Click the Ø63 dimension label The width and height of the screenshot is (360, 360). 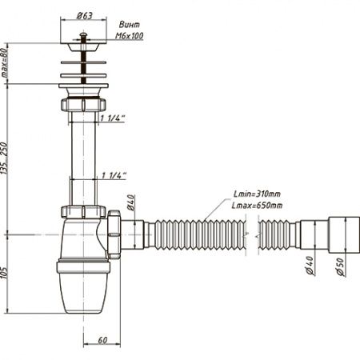coord(84,16)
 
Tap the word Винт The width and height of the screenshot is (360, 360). coord(130,25)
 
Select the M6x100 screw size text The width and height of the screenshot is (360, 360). coord(130,36)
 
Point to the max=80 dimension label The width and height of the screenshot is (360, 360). coord(5,63)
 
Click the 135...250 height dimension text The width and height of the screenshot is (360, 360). coord(5,158)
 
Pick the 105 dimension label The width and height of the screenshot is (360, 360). coord(4,273)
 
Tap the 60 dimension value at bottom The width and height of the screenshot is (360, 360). coord(102,340)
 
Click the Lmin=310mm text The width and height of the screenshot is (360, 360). coord(257,194)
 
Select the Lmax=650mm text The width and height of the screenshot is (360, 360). coord(257,206)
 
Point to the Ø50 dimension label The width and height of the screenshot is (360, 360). coord(340,266)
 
